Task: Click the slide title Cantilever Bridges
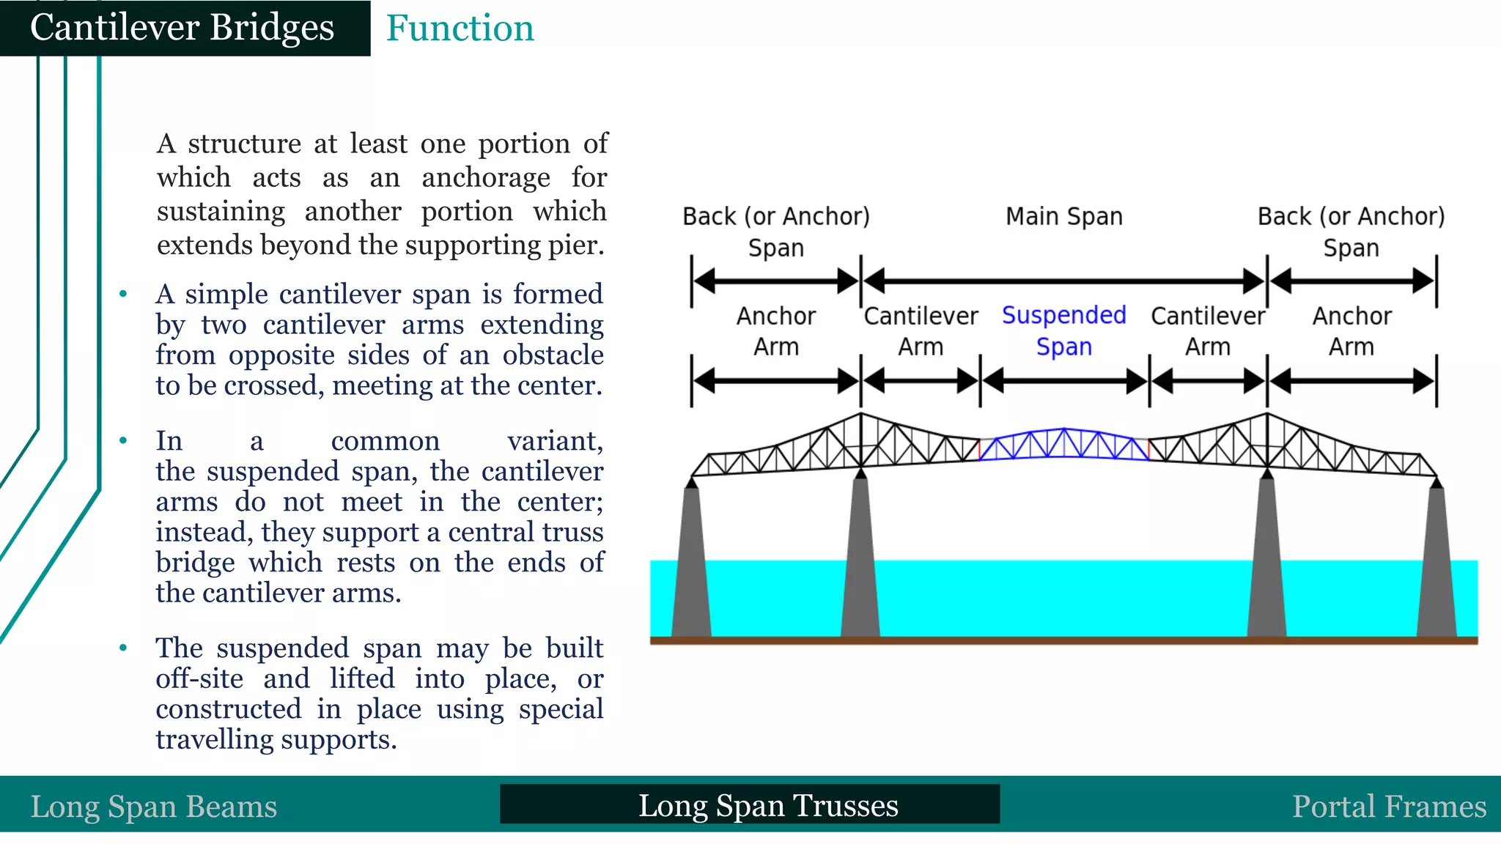coord(182,28)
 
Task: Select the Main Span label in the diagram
coord(1063,217)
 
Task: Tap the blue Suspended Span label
coord(1063,330)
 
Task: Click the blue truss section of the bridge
coord(1063,444)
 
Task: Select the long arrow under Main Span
coord(1063,281)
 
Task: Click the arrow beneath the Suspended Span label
coord(1064,381)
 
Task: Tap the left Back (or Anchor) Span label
coord(776,232)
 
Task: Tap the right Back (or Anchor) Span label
coord(1351,232)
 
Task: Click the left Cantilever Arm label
coord(921,331)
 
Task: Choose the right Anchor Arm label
coord(1351,331)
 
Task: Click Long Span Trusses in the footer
coord(767,805)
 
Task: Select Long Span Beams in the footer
coord(154,807)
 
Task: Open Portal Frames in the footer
coord(1389,807)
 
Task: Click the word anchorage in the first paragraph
coord(485,178)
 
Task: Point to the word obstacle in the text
coord(553,355)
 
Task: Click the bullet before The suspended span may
coord(123,648)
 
